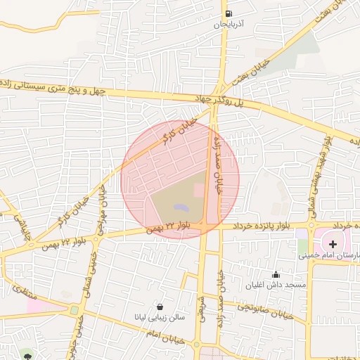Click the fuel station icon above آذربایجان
(228, 13)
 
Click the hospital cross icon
(333, 243)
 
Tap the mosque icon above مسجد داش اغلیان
(276, 274)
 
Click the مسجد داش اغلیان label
(276, 285)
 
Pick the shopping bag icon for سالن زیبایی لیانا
(160, 307)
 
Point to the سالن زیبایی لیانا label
(160, 318)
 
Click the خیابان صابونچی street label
(264, 308)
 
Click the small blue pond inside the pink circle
(181, 208)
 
